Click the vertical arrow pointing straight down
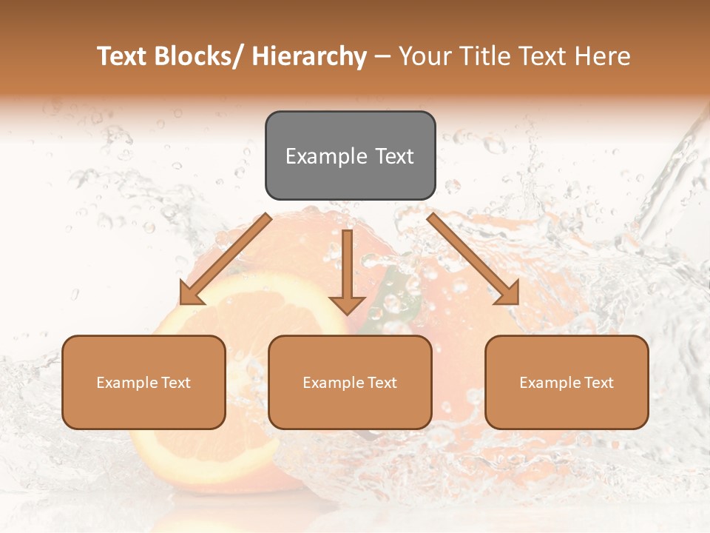click(347, 270)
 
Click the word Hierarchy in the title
click(309, 56)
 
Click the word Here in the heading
click(603, 56)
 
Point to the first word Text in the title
click(122, 56)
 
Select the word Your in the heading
click(425, 56)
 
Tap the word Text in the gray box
click(394, 156)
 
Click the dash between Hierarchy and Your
click(382, 56)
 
